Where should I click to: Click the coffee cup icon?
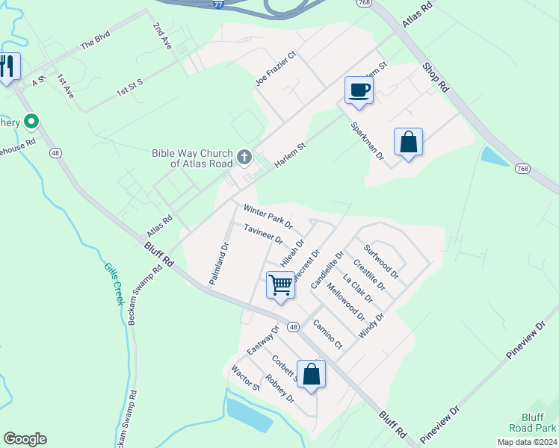tap(359, 90)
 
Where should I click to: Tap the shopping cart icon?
tap(280, 284)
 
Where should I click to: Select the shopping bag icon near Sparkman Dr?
tap(408, 141)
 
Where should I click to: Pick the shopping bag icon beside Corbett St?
tap(311, 374)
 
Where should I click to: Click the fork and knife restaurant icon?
tap(7, 67)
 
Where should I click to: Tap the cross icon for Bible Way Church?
tap(244, 157)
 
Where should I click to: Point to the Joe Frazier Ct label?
tap(276, 69)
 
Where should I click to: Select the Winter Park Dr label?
tap(267, 216)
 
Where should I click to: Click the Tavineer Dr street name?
tap(263, 234)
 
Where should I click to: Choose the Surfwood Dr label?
tap(381, 261)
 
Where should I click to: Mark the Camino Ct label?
tap(327, 335)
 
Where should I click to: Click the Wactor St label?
tap(245, 379)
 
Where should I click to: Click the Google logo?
tap(25, 439)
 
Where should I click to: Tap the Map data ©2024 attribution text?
tap(528, 442)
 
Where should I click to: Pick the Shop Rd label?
tap(435, 76)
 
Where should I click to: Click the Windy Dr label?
tap(371, 326)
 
